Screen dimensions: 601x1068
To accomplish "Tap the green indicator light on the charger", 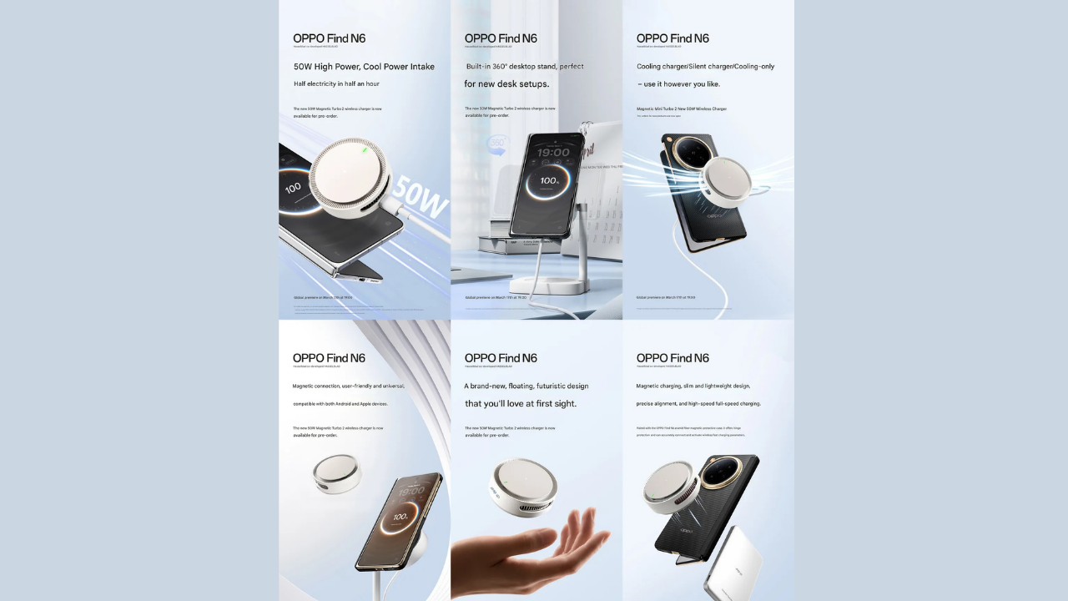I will point(363,150).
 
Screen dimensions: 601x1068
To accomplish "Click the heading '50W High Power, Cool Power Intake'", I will point(364,67).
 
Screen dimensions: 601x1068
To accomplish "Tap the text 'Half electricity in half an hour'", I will point(336,84).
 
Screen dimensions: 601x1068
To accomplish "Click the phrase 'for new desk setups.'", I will point(506,84).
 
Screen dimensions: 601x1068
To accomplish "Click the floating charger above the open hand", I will point(524,487).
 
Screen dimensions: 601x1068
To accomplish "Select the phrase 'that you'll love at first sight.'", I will point(521,404).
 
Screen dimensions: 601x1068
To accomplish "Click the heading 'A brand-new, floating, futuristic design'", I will point(526,386).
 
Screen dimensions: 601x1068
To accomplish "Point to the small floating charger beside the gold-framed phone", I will point(337,473).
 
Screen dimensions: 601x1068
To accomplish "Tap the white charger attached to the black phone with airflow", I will point(726,183).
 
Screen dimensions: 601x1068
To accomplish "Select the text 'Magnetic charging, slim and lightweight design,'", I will point(693,386).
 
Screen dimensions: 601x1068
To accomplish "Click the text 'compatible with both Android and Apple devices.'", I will point(340,404).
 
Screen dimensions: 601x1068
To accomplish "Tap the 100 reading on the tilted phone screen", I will point(293,189).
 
